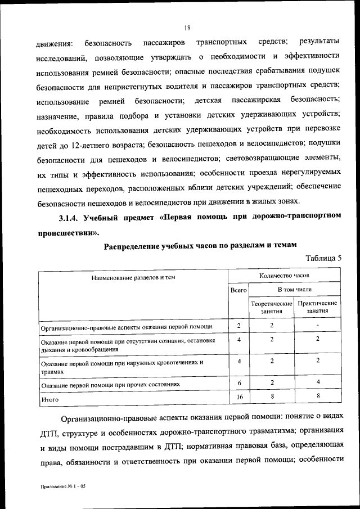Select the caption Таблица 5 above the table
click(323, 259)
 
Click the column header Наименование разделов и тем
click(133, 277)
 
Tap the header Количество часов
click(285, 276)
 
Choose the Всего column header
click(239, 290)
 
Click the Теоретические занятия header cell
click(272, 307)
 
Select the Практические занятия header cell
click(318, 307)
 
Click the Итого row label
click(51, 400)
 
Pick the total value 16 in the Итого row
click(239, 397)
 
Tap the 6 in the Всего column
click(239, 383)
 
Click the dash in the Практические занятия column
click(318, 326)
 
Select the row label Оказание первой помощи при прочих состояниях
click(111, 385)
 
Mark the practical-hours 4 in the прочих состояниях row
click(318, 383)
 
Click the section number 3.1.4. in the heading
click(71, 217)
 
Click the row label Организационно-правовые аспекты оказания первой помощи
click(127, 327)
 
